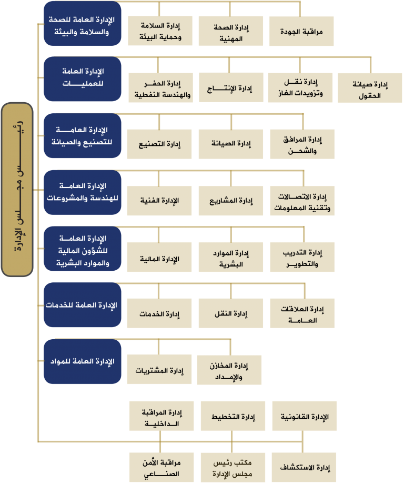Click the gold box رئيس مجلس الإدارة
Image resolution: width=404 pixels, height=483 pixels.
coord(17,190)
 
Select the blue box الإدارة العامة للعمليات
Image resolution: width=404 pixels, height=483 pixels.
coord(83,79)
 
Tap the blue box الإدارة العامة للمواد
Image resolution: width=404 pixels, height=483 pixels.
coord(83,361)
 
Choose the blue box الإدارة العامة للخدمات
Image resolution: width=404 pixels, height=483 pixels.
coord(83,304)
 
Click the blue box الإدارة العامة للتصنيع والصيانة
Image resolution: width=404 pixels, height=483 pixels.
coord(83,135)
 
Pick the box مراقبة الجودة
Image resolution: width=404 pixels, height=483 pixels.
coord(301,31)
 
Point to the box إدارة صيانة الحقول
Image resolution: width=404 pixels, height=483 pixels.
coord(370,88)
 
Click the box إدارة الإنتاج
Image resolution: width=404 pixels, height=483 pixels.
coord(231,87)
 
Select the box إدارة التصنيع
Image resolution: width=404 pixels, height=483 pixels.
coord(159,144)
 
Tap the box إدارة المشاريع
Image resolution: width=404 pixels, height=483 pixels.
coord(231,201)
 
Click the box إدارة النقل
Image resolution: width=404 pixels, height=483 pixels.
coord(231,313)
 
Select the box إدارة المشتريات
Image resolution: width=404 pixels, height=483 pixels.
coord(159,369)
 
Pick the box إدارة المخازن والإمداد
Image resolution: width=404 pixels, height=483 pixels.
coord(229,370)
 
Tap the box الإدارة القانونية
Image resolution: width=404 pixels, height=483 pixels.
coord(304,416)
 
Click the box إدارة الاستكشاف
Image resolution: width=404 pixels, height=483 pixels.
coord(304,467)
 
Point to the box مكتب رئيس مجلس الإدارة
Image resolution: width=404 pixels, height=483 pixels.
coord(233,467)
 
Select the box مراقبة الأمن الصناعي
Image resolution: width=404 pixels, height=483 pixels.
coord(161,467)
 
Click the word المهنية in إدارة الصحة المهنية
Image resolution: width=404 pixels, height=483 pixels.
coord(231,39)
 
